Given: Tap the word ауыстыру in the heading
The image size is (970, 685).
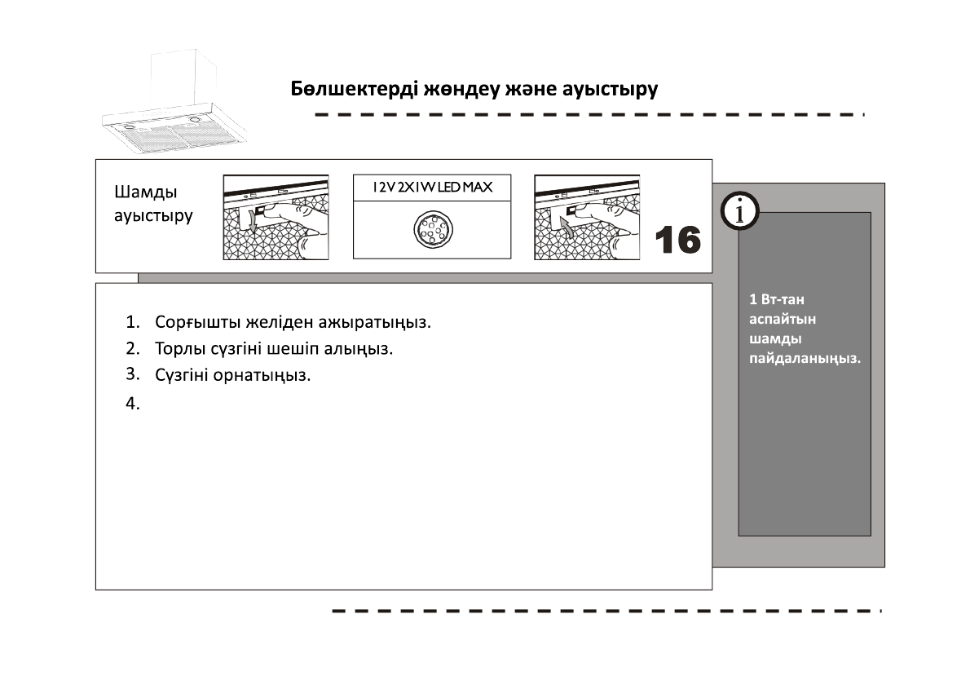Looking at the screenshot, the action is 610,90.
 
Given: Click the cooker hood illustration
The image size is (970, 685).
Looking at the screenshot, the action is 175,103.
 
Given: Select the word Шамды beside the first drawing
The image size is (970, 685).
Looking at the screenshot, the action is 145,192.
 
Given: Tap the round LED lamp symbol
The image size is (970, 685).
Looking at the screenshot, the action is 433,229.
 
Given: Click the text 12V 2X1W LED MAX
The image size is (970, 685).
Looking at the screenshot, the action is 432,187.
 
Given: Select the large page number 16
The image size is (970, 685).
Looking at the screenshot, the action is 678,240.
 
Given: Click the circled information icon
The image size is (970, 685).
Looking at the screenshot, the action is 740,211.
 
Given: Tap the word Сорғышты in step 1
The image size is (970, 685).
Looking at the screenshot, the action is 197,322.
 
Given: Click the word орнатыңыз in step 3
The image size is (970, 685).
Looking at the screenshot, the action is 262,376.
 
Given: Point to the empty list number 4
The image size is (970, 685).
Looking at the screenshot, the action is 132,404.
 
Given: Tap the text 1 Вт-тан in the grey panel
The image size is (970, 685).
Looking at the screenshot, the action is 777,299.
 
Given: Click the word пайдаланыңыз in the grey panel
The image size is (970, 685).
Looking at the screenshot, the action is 805,359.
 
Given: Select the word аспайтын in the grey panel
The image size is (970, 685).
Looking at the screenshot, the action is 783,320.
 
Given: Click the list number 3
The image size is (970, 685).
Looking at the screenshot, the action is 132,374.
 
